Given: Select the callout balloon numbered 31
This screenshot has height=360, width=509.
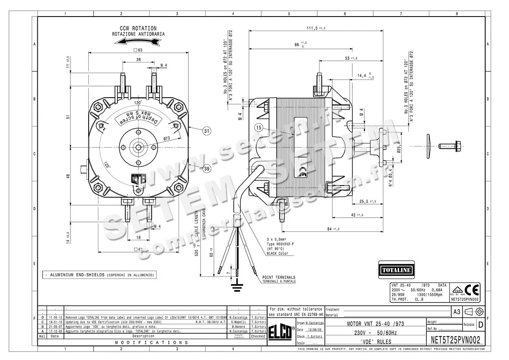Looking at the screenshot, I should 206,131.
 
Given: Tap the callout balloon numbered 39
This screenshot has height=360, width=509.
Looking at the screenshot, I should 206,169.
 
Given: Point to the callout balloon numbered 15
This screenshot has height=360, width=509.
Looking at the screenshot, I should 259,127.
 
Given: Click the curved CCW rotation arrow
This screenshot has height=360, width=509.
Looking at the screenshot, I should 135,41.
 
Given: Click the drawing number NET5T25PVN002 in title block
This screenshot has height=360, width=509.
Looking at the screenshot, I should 456,340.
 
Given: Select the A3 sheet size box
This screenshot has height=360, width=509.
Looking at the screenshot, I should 456,312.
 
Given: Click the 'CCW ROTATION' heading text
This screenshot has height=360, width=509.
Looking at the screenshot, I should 138,28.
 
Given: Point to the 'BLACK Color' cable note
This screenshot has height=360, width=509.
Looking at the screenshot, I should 277,253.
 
